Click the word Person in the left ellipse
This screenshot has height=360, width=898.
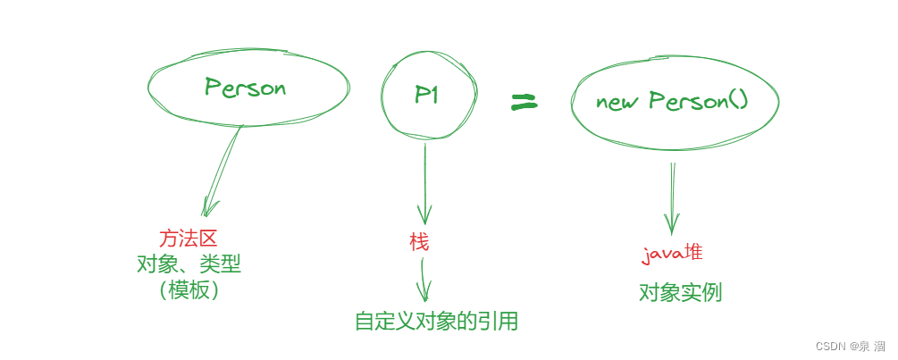(x=245, y=88)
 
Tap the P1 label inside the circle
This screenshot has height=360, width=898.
(x=426, y=95)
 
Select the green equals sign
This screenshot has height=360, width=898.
(x=524, y=104)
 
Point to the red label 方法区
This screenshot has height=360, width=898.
(x=189, y=238)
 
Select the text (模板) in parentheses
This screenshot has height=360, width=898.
(x=189, y=290)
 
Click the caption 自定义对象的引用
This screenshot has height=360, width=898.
(x=436, y=321)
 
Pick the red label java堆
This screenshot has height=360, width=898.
(x=672, y=253)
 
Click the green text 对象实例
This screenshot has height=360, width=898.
(x=680, y=292)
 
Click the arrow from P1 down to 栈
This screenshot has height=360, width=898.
(x=424, y=183)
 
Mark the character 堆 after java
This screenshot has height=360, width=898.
(x=692, y=252)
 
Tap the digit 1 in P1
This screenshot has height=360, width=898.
(x=435, y=95)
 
